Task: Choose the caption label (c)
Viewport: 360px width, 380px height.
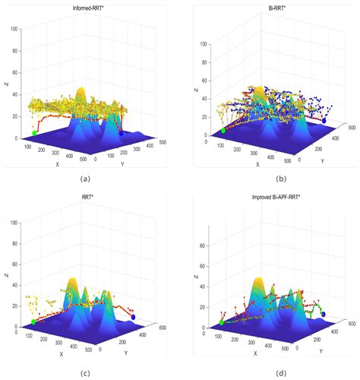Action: (85, 372)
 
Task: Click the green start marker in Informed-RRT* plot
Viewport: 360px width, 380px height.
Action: (35, 132)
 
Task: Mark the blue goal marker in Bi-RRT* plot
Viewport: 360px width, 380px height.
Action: (324, 120)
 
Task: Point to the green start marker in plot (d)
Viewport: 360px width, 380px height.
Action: (221, 322)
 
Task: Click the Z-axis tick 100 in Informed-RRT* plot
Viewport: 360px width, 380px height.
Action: (14, 29)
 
